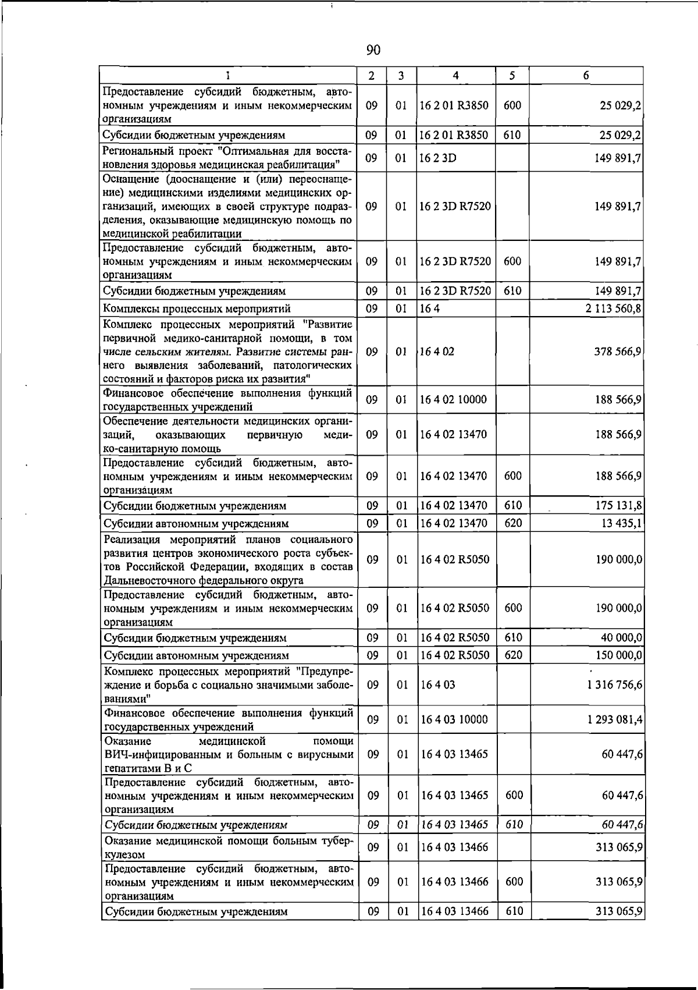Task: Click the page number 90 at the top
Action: [373, 51]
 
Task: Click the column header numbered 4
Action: [455, 75]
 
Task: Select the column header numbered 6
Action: [586, 75]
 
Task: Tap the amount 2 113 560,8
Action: [614, 308]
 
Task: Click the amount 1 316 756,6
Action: [615, 685]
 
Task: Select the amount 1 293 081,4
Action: [615, 720]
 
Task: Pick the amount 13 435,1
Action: [622, 523]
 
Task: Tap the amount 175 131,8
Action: [618, 505]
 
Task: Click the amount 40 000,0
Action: [621, 638]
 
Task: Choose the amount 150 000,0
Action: [619, 655]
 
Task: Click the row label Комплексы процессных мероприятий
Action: [197, 308]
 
